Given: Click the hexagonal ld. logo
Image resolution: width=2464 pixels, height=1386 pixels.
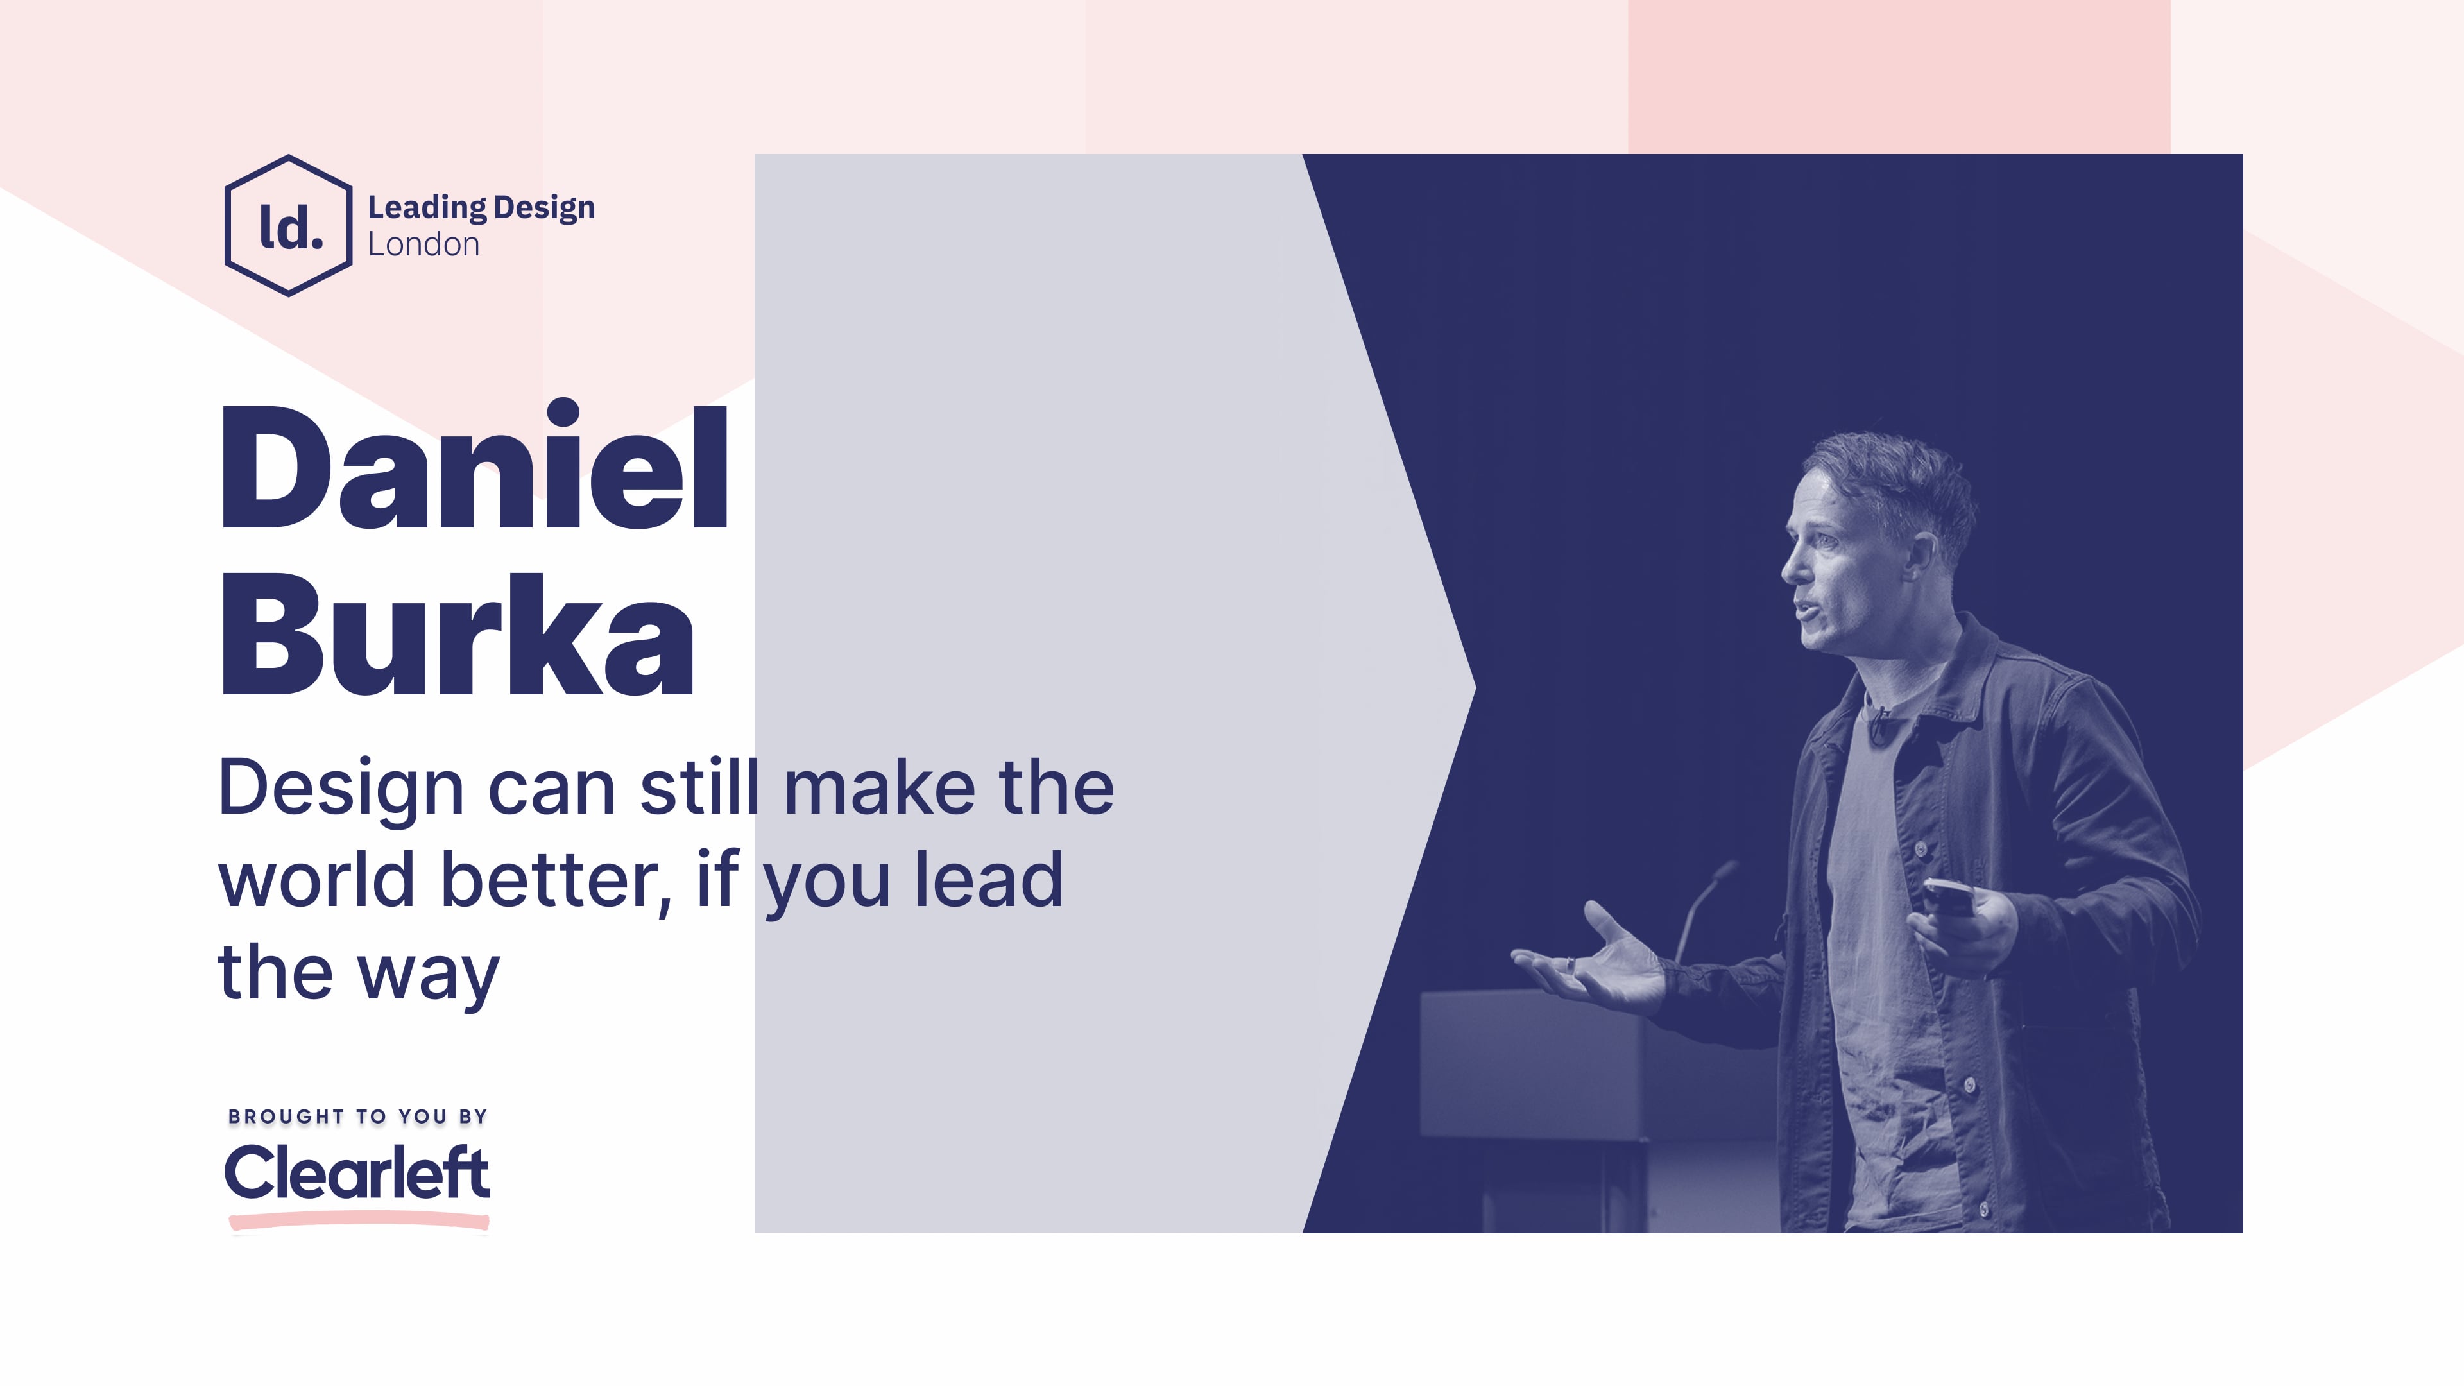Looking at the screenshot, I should (289, 226).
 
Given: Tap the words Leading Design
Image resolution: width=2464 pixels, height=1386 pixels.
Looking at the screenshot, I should (481, 207).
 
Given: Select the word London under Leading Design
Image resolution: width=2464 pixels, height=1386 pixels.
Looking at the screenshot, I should (424, 245).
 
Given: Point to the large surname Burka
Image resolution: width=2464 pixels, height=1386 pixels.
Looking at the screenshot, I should (458, 635).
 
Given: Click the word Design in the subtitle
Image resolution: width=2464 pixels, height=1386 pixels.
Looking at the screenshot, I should (341, 789).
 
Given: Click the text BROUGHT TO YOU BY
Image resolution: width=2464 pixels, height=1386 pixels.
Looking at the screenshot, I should (358, 1116).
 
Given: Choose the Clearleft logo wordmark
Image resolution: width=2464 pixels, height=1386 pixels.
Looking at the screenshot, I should (357, 1173).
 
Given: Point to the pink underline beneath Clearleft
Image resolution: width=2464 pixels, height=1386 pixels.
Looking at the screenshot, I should (359, 1220).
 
